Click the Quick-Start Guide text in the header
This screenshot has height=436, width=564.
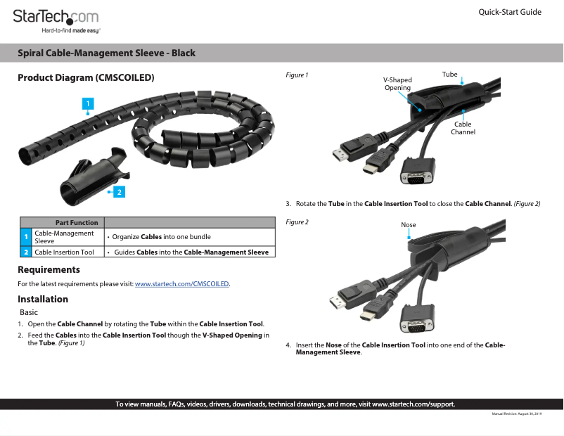coord(509,12)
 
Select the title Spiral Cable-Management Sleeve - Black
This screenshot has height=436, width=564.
coord(106,53)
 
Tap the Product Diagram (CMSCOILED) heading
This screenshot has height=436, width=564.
coord(86,77)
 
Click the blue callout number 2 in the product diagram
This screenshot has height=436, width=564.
coord(120,191)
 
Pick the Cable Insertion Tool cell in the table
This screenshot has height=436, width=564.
coord(64,252)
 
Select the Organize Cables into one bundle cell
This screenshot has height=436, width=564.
coord(162,236)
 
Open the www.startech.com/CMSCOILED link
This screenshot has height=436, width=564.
coord(182,284)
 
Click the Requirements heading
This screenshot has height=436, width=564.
coord(49,269)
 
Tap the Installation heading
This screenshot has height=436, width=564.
coord(43,299)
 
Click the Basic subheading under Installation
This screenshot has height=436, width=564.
coord(29,312)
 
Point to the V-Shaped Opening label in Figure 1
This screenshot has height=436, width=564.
coord(397,84)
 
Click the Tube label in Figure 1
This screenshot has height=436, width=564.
coord(449,75)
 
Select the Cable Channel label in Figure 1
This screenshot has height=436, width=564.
coord(463,128)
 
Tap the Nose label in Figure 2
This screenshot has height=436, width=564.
coord(408,225)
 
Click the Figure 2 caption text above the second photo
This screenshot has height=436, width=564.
coord(297,222)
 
